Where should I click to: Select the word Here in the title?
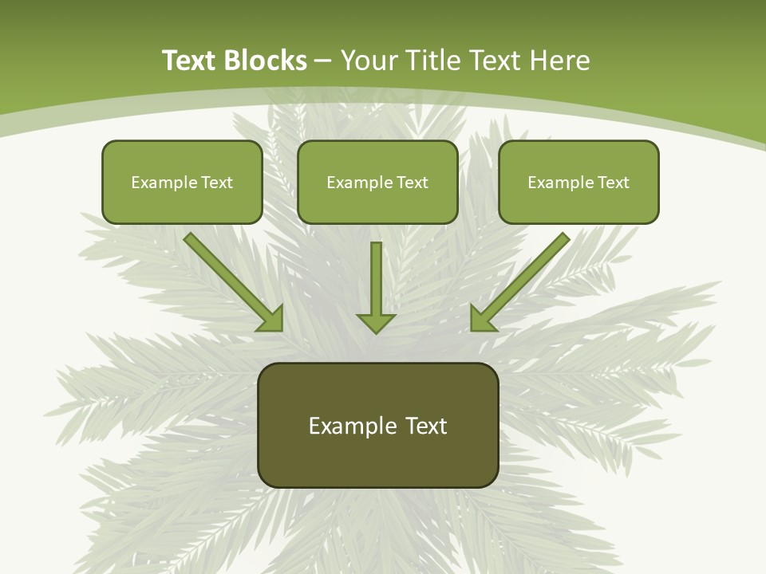coord(560,61)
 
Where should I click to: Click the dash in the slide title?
coord(323,61)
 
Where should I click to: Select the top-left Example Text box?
coord(182,182)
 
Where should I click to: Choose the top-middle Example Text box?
coord(377,182)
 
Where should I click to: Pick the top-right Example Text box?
coord(578,182)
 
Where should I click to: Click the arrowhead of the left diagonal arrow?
coord(271,319)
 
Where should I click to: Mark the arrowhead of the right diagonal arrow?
coord(481,319)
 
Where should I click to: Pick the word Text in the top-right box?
coord(613,183)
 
